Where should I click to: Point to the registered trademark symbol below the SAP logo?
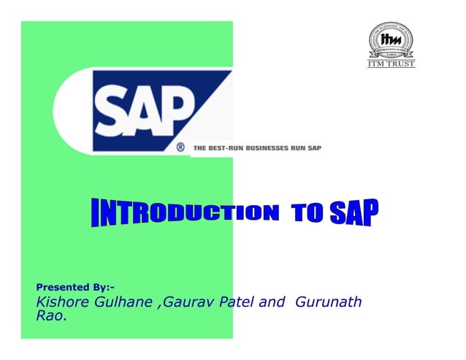click(x=180, y=147)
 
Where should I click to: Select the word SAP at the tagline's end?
click(x=313, y=148)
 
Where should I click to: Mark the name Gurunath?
click(x=328, y=302)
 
